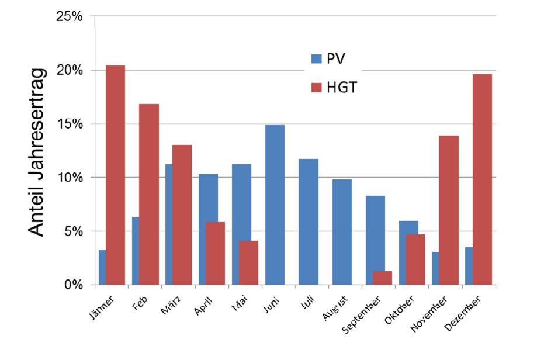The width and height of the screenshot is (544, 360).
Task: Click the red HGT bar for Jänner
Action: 115,175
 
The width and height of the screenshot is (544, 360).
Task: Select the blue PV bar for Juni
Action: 275,205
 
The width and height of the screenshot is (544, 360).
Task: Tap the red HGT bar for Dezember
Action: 481,179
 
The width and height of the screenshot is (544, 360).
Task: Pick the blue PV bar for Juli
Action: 308,222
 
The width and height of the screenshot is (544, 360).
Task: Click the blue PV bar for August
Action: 341,232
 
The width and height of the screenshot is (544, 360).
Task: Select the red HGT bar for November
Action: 448,210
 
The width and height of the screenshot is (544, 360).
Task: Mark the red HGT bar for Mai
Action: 248,263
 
